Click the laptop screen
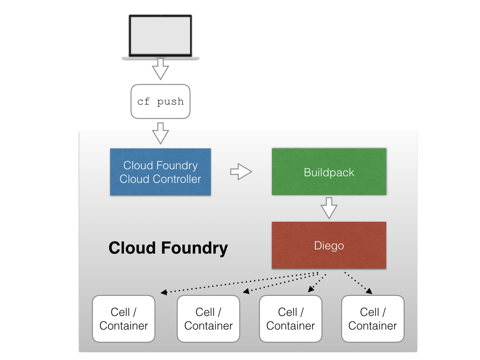tap(160, 36)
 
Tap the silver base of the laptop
tap(160, 58)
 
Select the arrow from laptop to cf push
tap(160, 69)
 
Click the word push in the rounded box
tap(170, 102)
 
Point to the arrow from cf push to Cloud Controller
tap(160, 133)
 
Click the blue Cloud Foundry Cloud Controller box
tap(160, 172)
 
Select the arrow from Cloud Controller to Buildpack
tap(241, 172)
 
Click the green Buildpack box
tap(329, 172)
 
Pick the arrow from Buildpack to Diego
tap(329, 208)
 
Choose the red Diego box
tap(329, 245)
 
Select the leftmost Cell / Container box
tap(124, 319)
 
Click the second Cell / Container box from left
tap(208, 319)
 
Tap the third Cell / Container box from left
tap(291, 319)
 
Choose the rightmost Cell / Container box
tap(373, 319)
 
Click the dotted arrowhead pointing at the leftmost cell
tap(164, 293)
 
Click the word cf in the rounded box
tap(143, 102)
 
